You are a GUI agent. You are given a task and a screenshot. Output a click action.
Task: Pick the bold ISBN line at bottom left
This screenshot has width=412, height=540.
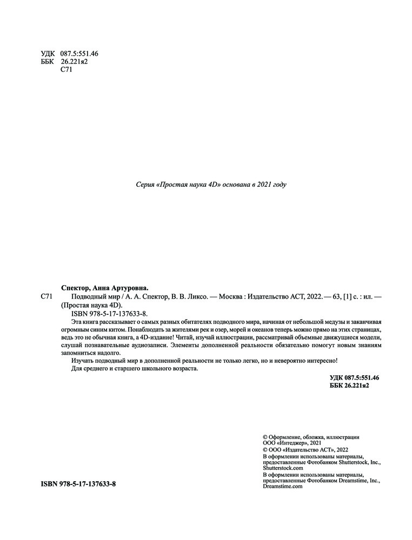(x=78, y=484)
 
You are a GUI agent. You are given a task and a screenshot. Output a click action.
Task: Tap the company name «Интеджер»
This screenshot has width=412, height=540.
(x=293, y=443)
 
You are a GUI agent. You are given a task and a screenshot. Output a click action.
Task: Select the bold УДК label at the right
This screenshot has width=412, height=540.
(x=337, y=377)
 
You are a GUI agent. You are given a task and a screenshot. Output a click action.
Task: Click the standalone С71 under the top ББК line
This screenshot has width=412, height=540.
(x=67, y=69)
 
